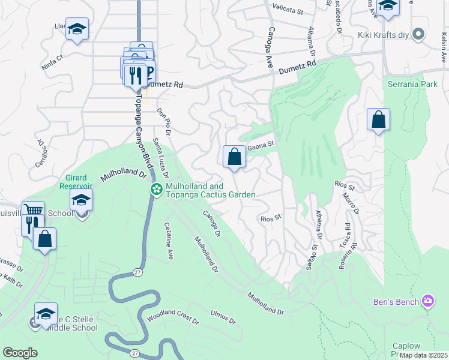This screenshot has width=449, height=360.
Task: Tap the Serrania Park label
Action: pos(412,85)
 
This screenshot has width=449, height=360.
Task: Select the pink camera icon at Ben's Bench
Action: pos(427,300)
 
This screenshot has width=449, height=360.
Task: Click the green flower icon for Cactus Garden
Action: pos(156,190)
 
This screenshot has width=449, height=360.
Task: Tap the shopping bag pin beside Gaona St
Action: pos(234,157)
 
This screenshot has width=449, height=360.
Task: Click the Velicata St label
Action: pos(288,10)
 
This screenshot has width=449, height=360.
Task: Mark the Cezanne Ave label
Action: pos(169,241)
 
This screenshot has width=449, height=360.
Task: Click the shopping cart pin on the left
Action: pos(34,212)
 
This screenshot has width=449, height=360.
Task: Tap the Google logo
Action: pos(20,352)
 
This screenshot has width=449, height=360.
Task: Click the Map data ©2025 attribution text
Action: pos(423,355)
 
